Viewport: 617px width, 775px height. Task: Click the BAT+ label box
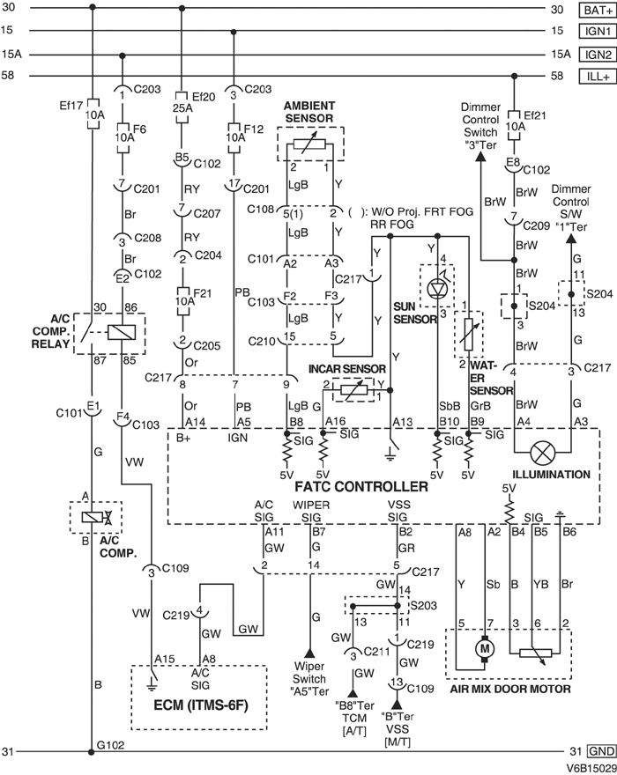click(x=594, y=11)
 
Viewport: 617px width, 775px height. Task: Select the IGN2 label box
click(x=594, y=55)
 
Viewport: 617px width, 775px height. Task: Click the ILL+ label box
click(x=595, y=77)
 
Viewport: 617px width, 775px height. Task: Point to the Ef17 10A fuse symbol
click(x=93, y=120)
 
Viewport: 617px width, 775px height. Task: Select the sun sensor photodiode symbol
click(x=436, y=289)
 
